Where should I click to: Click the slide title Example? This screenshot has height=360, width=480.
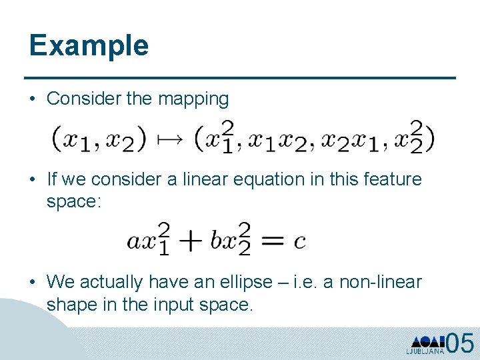pos(89,46)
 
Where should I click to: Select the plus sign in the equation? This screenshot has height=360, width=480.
pos(191,241)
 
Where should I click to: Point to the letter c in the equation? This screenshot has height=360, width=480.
pos(300,241)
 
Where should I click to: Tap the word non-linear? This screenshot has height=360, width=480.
pos(380,283)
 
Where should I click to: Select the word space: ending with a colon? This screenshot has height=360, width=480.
pos(74,202)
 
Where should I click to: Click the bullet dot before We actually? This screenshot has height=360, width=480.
pos(33,283)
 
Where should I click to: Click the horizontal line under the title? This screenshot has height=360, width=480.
pos(240,77)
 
